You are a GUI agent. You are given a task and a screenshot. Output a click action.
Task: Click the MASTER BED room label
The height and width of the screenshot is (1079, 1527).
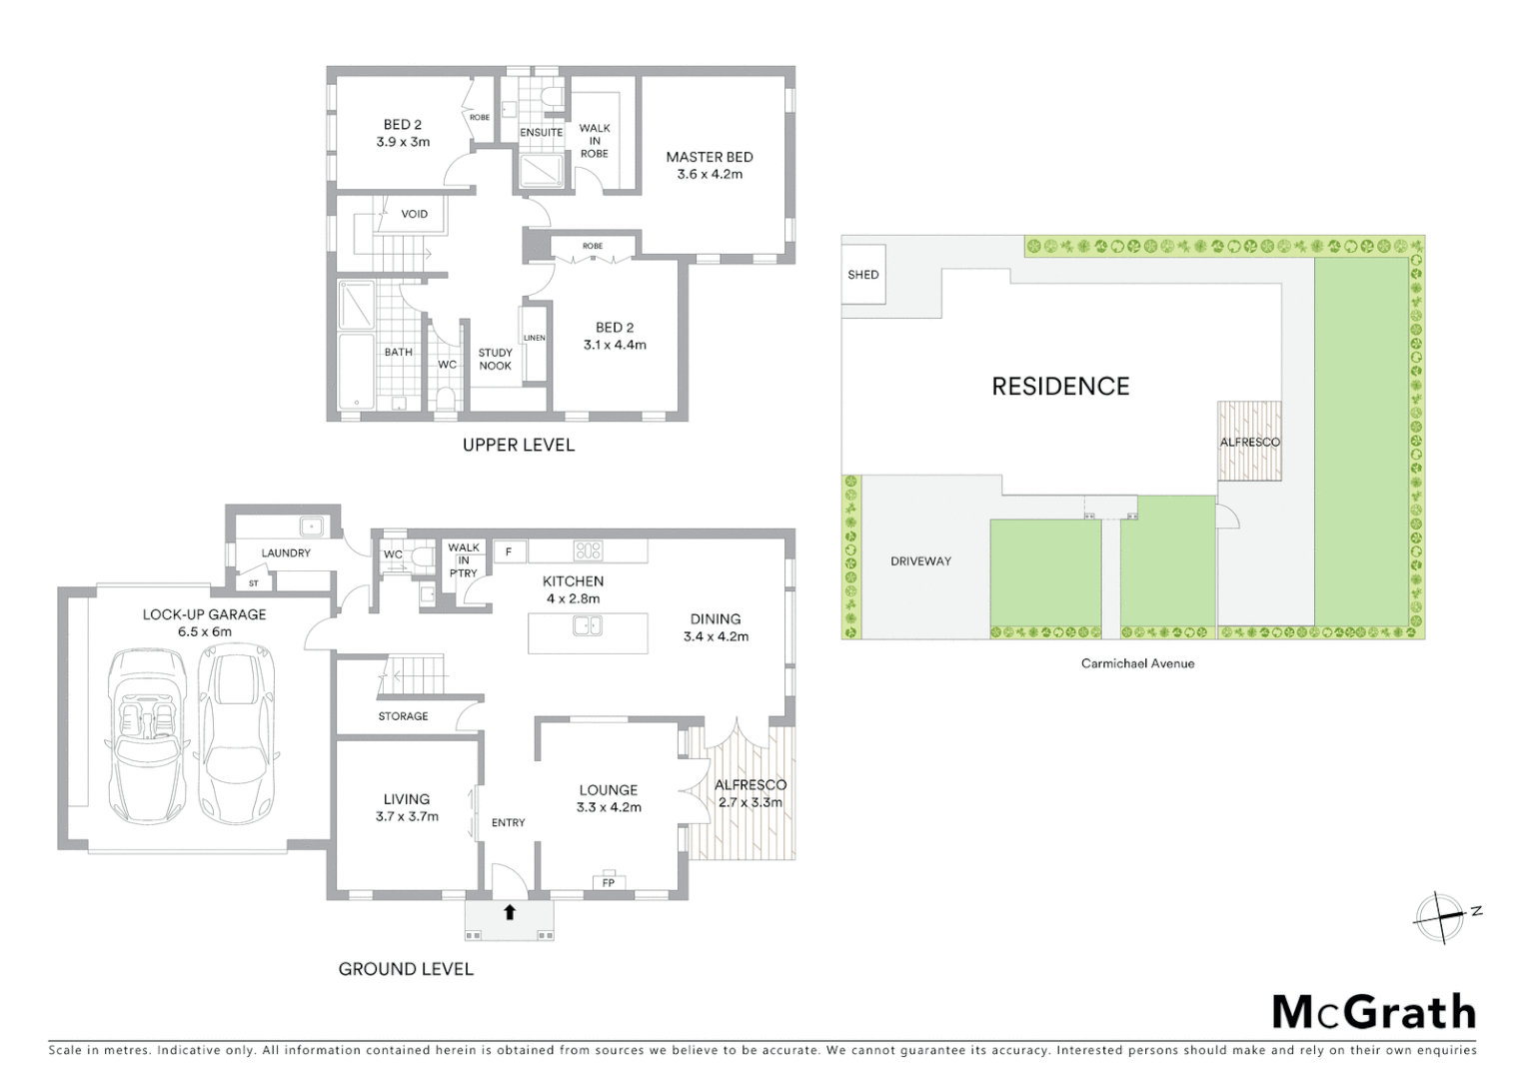pyautogui.click(x=709, y=165)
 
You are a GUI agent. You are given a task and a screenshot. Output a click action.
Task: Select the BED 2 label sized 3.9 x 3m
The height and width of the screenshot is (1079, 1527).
pyautogui.click(x=403, y=133)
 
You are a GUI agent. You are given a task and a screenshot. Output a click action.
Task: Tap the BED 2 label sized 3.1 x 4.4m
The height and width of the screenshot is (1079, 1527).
pyautogui.click(x=615, y=336)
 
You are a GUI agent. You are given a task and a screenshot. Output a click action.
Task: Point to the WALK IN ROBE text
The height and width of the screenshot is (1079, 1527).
pyautogui.click(x=595, y=141)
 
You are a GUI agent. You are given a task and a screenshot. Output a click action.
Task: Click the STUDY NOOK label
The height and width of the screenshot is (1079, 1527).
pyautogui.click(x=495, y=359)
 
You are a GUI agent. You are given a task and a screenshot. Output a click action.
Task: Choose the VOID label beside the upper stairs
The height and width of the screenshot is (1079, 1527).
pyautogui.click(x=414, y=214)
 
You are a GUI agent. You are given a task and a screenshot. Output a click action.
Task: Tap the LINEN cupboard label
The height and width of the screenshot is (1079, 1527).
pyautogui.click(x=535, y=338)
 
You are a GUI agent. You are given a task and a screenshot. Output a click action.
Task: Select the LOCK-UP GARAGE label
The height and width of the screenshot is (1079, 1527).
pyautogui.click(x=204, y=622)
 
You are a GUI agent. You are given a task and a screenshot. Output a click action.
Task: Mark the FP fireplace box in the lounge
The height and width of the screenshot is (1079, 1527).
pyautogui.click(x=608, y=881)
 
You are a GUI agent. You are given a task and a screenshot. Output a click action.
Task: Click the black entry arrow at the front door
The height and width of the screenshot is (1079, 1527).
pyautogui.click(x=509, y=911)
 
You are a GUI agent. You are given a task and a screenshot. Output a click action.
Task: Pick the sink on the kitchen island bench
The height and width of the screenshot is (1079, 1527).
pyautogui.click(x=588, y=626)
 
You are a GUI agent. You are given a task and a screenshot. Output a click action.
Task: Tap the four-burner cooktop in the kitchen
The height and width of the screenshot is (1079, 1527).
pyautogui.click(x=588, y=550)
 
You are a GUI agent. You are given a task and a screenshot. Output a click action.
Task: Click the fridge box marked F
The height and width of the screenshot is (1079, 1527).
pyautogui.click(x=509, y=551)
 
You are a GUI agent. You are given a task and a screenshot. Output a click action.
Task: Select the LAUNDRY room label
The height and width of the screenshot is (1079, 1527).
pyautogui.click(x=286, y=552)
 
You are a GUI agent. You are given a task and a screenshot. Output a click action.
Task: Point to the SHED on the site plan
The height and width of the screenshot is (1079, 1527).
pyautogui.click(x=862, y=275)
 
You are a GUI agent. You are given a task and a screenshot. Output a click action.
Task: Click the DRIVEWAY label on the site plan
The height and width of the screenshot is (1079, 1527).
pyautogui.click(x=920, y=561)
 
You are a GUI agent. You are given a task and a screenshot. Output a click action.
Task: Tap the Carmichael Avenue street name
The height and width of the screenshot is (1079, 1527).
pyautogui.click(x=1137, y=663)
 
